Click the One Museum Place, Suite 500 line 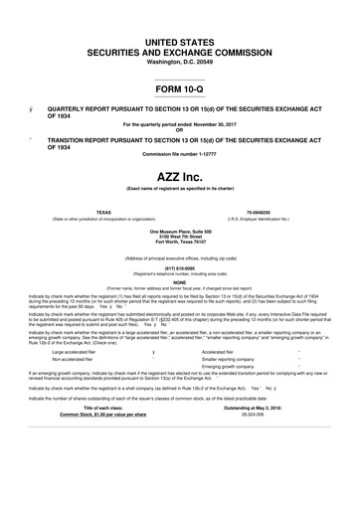(180, 230)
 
